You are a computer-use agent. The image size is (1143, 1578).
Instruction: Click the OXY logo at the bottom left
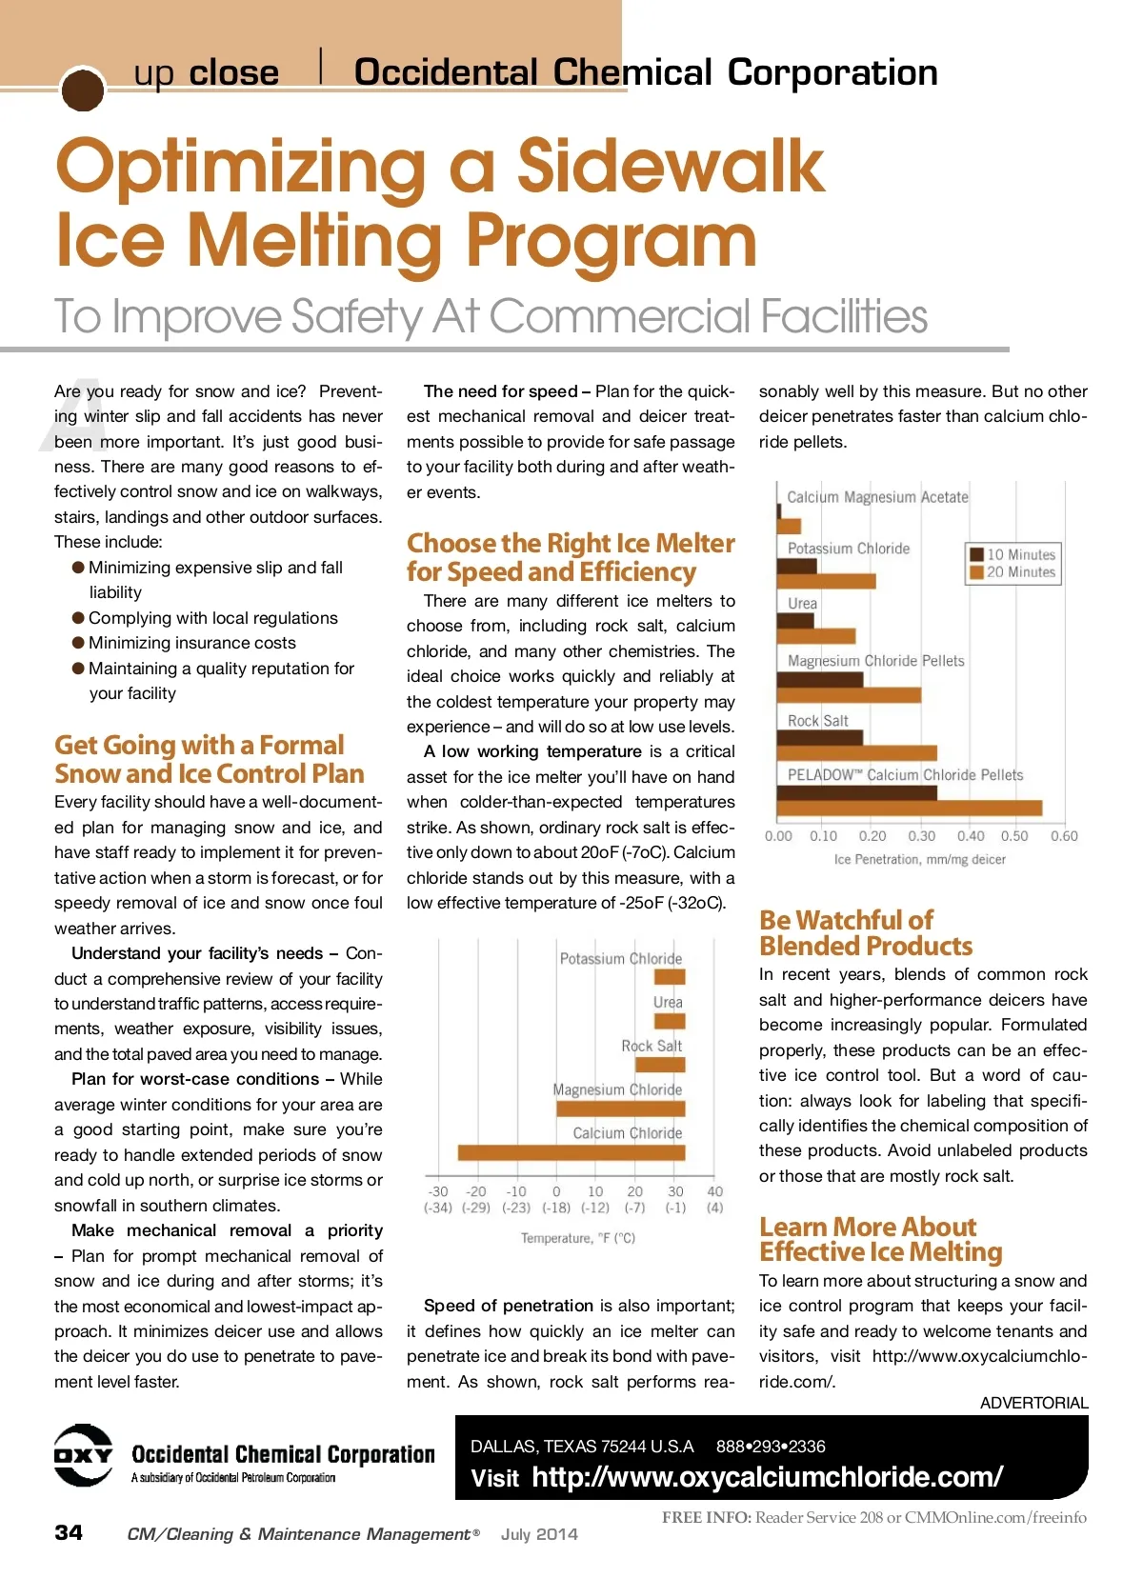coord(83,1455)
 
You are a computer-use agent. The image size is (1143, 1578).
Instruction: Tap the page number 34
coord(69,1532)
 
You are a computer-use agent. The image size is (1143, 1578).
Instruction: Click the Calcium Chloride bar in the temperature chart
coord(571,1152)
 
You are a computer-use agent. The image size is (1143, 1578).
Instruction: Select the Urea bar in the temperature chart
coord(670,1021)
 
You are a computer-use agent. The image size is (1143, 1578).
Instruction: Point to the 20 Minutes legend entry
coord(1013,572)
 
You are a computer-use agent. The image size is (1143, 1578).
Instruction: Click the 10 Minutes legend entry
coord(1013,554)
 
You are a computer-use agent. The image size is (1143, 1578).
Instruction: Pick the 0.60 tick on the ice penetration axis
coord(1064,836)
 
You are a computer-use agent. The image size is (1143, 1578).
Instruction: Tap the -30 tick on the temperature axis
coord(438,1191)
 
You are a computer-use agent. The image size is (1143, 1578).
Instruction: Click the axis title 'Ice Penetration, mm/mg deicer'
coord(919,859)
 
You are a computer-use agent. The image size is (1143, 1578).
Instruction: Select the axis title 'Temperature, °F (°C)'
coord(577,1238)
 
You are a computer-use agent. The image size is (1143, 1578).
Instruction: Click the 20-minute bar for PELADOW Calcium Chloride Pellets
coord(909,809)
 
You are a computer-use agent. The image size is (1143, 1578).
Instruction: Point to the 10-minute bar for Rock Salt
coord(819,737)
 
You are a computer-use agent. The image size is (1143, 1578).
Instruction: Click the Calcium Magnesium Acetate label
coord(877,497)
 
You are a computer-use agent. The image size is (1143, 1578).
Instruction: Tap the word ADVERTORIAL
coord(1033,1403)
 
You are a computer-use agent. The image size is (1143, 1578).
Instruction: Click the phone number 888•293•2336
coord(771,1447)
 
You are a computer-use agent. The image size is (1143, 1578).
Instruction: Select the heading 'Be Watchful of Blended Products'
coord(865,933)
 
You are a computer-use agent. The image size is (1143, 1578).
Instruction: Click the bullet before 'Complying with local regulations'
coord(78,618)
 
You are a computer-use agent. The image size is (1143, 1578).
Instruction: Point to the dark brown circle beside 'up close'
coord(82,90)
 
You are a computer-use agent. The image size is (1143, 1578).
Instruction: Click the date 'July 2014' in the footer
coord(539,1534)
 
